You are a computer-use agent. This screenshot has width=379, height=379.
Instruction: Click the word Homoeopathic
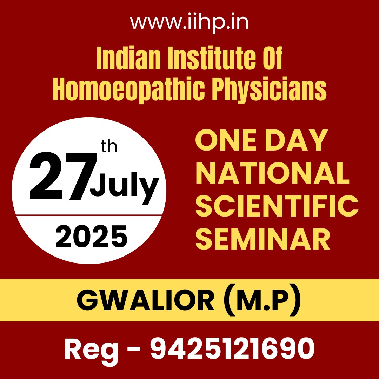click(x=128, y=90)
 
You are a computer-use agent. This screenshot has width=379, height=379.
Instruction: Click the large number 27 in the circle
click(x=63, y=176)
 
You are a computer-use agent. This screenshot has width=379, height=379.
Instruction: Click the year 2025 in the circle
click(x=91, y=237)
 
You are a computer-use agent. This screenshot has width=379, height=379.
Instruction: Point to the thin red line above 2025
click(x=89, y=215)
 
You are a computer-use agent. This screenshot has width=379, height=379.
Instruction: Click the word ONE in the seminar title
click(x=226, y=140)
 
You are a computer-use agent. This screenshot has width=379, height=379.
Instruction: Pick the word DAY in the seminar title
click(x=297, y=140)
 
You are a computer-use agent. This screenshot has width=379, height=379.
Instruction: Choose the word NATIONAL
click(x=272, y=173)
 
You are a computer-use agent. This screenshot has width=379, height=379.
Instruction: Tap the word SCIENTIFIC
click(x=277, y=206)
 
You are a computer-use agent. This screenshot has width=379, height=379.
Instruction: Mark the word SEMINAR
click(x=263, y=239)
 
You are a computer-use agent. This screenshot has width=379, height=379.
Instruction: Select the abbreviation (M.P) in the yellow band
click(x=262, y=300)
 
